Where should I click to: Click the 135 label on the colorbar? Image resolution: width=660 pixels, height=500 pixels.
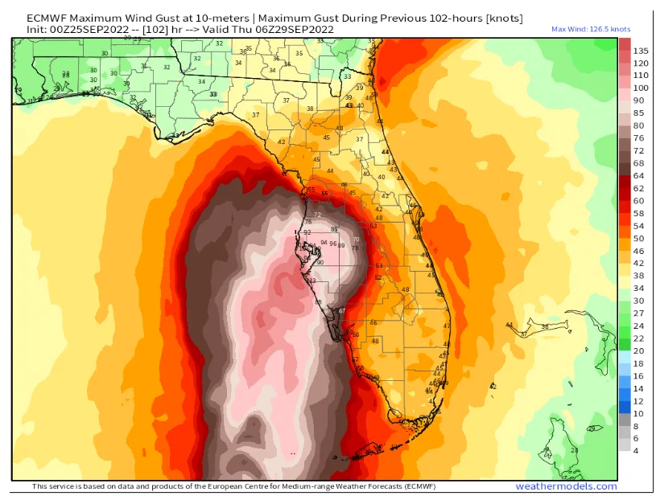click(x=641, y=50)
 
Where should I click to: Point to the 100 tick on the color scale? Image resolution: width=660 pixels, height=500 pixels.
click(x=641, y=88)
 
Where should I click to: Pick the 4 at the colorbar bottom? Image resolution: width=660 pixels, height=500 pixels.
click(x=636, y=450)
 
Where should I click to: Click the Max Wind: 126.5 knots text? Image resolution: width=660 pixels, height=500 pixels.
click(x=590, y=29)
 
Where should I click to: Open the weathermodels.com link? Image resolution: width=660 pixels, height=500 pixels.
click(x=566, y=486)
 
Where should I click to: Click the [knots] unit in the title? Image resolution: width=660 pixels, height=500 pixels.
click(x=505, y=18)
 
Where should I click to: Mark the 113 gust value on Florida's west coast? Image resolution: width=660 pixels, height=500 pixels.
click(x=311, y=281)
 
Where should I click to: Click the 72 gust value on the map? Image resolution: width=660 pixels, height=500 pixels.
click(x=317, y=215)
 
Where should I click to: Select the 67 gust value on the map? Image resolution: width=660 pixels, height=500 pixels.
click(x=341, y=311)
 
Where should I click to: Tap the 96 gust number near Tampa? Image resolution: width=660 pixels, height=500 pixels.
click(x=332, y=244)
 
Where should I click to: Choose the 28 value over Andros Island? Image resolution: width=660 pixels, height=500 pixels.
click(x=590, y=429)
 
